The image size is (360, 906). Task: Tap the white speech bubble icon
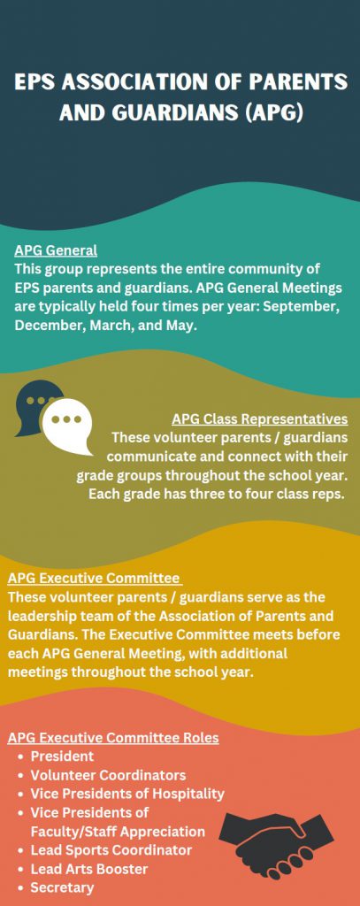(69, 426)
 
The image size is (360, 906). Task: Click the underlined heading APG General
(56, 250)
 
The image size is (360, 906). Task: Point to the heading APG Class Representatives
(260, 418)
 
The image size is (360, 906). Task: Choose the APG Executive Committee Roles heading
(113, 738)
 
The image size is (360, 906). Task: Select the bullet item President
(62, 756)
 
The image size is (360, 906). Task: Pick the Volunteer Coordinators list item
(108, 775)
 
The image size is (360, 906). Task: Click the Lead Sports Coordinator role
(111, 850)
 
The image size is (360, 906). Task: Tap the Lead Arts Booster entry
(89, 869)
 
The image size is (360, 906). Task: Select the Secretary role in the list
(62, 887)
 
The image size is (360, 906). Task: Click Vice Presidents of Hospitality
(127, 794)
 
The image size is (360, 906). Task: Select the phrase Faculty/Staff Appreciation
(118, 832)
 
